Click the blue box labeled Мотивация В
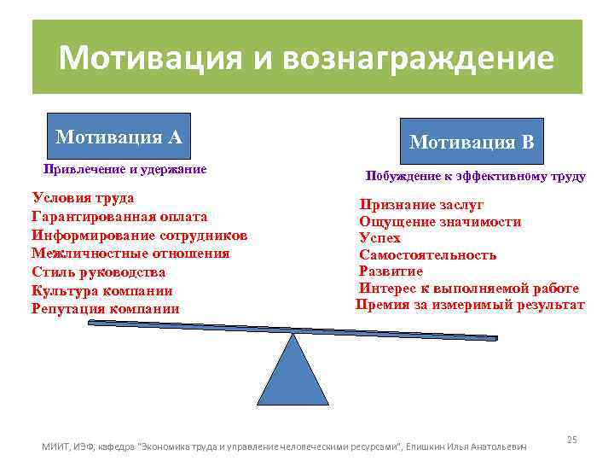[x=471, y=142]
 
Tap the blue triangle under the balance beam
[x=293, y=371]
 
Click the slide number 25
[x=572, y=439]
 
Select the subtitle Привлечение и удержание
[x=125, y=169]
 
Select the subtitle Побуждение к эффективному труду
[x=475, y=177]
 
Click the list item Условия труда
[x=83, y=198]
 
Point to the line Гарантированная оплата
[x=119, y=217]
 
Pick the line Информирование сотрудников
[x=140, y=235]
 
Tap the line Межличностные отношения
[x=130, y=254]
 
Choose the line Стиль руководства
[x=98, y=272]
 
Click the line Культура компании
[x=107, y=290]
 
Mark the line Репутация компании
[x=105, y=309]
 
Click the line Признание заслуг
[x=421, y=205]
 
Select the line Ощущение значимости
[x=440, y=222]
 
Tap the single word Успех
[x=379, y=238]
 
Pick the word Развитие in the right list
[x=391, y=271]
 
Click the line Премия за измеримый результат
[x=470, y=305]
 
